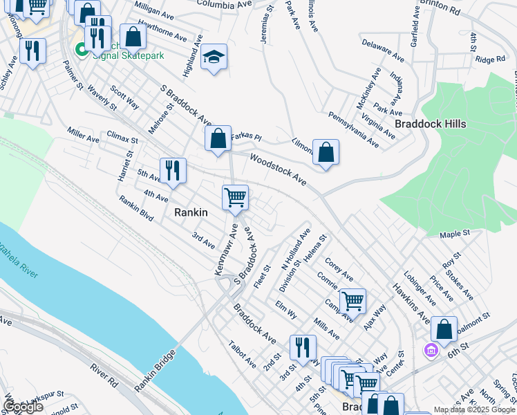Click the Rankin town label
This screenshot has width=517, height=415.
190,213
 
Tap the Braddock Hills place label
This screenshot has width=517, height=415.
430,124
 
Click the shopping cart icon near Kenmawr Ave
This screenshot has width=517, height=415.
235,198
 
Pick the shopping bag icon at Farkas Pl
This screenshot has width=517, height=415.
218,138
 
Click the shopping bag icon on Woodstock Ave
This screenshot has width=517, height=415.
326,152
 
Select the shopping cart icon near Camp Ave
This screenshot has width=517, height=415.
352,302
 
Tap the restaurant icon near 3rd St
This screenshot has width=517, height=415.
302,348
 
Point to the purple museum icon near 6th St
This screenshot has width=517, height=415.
431,351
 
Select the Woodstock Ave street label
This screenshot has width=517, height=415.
278,169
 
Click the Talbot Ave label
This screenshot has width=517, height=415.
243,353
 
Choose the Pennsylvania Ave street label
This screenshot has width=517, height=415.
353,129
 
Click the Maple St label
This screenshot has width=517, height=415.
454,235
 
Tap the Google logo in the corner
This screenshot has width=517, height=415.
23,407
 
